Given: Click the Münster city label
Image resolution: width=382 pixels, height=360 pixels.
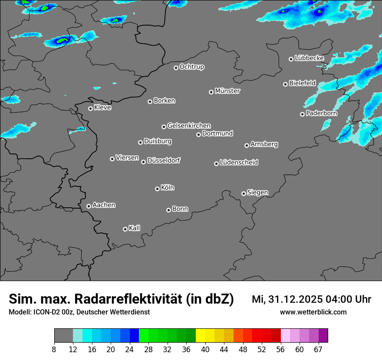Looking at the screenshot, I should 227,91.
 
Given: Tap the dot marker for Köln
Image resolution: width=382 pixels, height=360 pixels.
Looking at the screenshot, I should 157,189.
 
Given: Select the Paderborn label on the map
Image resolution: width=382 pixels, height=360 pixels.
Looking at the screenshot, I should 322,113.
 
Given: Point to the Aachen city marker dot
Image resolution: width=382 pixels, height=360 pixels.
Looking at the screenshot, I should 89,206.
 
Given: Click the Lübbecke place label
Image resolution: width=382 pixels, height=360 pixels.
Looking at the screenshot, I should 310,58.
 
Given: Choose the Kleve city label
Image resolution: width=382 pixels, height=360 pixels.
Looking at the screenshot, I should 103,108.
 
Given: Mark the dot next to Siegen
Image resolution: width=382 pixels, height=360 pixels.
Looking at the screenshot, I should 244,193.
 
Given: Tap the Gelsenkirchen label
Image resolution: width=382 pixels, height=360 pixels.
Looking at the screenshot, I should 189,126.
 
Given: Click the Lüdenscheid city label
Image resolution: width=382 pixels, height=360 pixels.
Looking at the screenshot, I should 239,163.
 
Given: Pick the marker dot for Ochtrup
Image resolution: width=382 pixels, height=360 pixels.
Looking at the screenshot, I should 176,68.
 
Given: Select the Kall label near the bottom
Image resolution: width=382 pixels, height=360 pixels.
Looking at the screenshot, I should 135,228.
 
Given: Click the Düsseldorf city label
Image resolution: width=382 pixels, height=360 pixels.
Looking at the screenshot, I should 164,161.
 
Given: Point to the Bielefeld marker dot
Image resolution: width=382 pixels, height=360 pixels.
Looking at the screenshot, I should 285,84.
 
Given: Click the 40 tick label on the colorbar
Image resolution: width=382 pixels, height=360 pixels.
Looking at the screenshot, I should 205,350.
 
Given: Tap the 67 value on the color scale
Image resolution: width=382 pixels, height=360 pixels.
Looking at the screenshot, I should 319,350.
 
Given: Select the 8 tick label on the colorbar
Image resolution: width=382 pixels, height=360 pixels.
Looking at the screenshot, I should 54,350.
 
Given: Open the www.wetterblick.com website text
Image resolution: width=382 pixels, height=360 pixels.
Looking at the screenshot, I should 313,312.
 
